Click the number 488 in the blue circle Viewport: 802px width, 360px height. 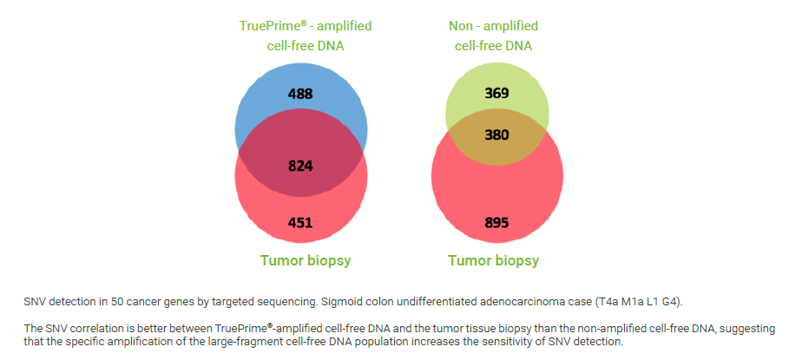coord(300,94)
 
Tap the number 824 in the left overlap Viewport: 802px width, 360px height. coord(300,167)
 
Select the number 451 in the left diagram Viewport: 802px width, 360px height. coord(300,223)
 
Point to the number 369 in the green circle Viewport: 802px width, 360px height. coord(496,94)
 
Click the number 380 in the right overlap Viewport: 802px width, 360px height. coord(496,135)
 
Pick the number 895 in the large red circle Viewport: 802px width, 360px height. coord(496,223)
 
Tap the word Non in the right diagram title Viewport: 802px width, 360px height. coord(461,26)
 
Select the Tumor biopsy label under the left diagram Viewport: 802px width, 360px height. coord(306,261)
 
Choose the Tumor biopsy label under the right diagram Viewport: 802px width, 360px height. coord(494,261)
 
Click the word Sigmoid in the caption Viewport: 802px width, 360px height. coord(340,302)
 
